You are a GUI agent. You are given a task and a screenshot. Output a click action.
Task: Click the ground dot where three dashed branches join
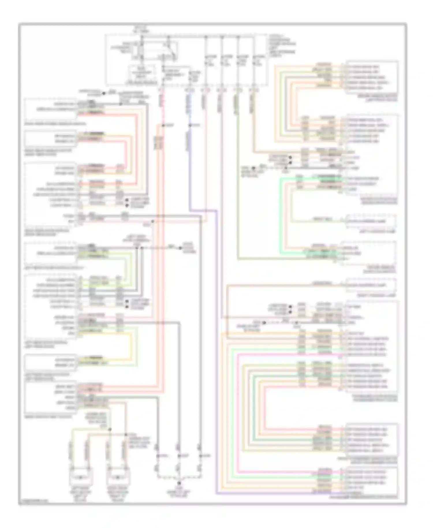[x=179, y=483]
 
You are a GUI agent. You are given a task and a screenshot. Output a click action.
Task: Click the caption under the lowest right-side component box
[x=364, y=497]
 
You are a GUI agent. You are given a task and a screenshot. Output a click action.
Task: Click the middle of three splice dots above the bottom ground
[x=179, y=456]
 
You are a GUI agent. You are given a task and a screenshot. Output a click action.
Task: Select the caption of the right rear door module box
[x=48, y=233]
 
